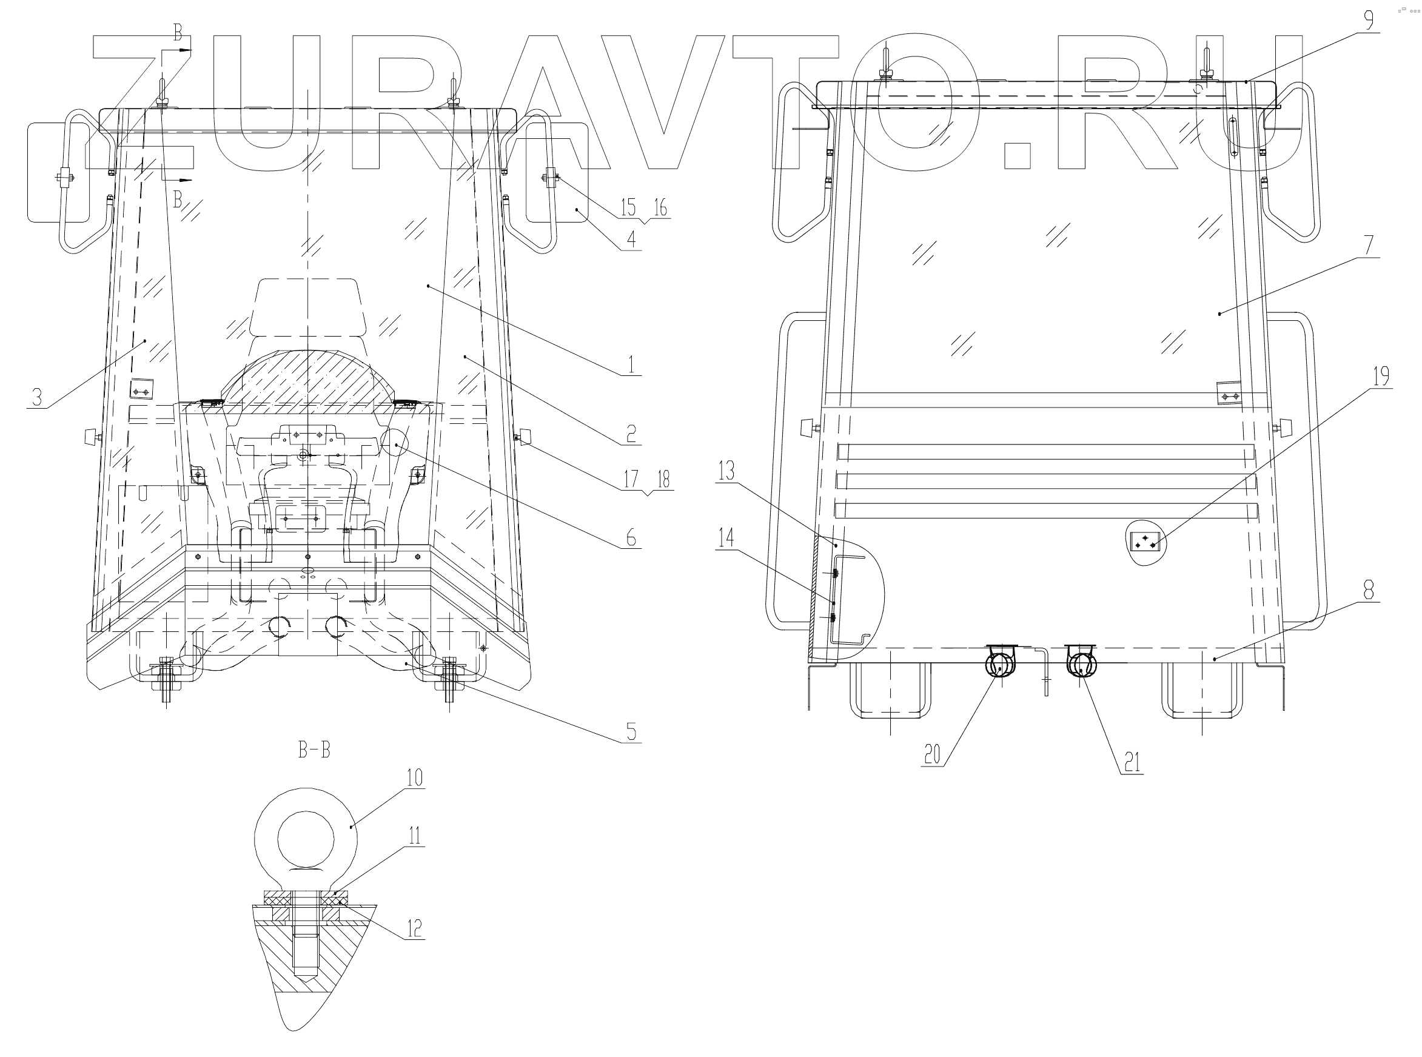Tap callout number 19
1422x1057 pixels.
1381,376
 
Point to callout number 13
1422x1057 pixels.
726,472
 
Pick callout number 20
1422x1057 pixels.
932,755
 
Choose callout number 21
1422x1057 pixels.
1132,763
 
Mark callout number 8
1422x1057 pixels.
1368,589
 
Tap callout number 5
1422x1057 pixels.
631,731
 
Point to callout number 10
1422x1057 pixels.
415,777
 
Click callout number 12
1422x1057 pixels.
415,928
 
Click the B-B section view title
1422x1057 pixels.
314,750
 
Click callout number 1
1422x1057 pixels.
631,364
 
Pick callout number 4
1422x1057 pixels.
631,240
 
